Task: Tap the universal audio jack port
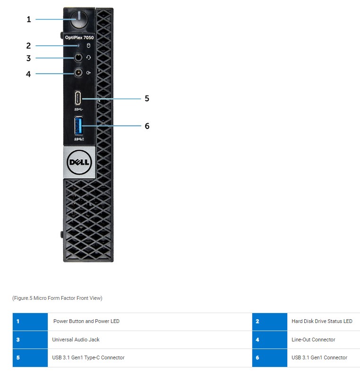click(78, 58)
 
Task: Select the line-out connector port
click(78, 73)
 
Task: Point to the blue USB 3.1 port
click(79, 126)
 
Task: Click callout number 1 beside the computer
click(28, 19)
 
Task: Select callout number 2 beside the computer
click(28, 46)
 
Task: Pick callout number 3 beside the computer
click(28, 59)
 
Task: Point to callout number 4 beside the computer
click(28, 74)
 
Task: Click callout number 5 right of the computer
click(147, 99)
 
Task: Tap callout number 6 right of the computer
click(147, 126)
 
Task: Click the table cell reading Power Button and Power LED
click(86, 321)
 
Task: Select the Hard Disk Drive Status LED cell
click(322, 321)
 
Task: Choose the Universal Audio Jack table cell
click(76, 340)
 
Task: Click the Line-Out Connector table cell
click(313, 340)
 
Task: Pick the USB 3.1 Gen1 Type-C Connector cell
click(88, 357)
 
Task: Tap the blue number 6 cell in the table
click(269, 357)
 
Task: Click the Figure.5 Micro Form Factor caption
click(57, 298)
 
